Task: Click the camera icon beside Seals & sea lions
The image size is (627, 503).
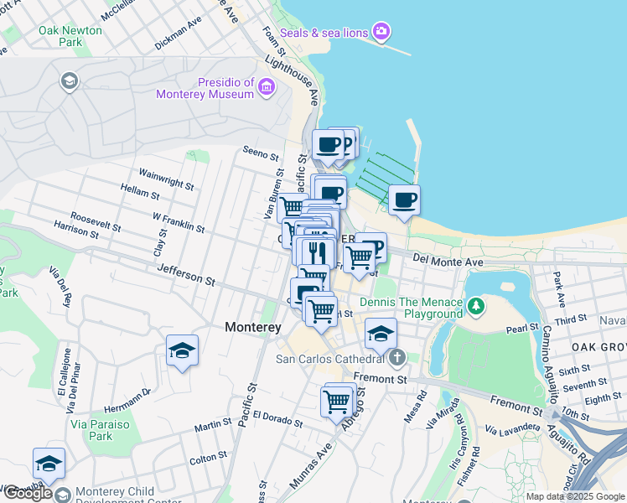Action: coord(381,32)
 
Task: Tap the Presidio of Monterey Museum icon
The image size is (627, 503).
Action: coord(267,86)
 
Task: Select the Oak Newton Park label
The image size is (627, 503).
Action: coord(70,35)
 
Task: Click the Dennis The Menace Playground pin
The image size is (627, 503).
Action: coord(476,307)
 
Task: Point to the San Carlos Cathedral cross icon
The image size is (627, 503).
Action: coord(396,359)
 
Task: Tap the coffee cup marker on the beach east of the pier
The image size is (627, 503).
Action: coord(404,200)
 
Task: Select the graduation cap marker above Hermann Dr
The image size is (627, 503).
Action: coord(182,351)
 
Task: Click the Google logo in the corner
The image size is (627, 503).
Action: coord(28,493)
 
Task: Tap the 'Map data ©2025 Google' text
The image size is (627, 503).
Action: coord(574,496)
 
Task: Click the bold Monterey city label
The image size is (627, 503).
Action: coord(252,329)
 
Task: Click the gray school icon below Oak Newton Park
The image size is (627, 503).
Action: coord(69,81)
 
